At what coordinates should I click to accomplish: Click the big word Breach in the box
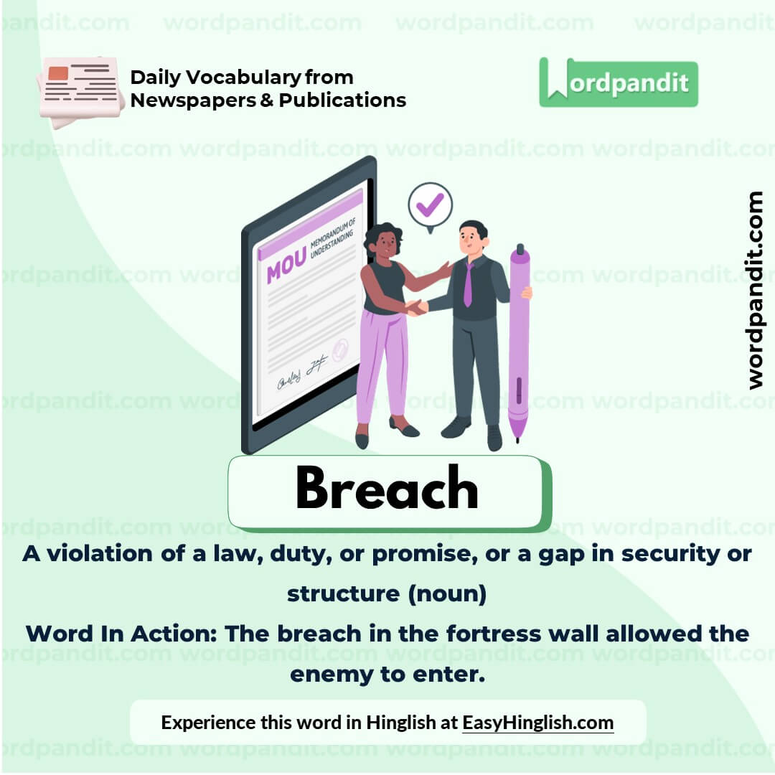pyautogui.click(x=386, y=489)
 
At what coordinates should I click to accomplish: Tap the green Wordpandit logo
pyautogui.click(x=618, y=83)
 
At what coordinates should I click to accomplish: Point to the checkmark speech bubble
pyautogui.click(x=430, y=205)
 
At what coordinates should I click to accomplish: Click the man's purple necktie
pyautogui.click(x=468, y=284)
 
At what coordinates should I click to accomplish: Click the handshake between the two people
pyautogui.click(x=415, y=307)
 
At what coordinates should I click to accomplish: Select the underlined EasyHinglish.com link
pyautogui.click(x=537, y=722)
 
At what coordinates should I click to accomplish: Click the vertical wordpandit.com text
pyautogui.click(x=754, y=290)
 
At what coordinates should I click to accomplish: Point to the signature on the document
pyautogui.click(x=302, y=374)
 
